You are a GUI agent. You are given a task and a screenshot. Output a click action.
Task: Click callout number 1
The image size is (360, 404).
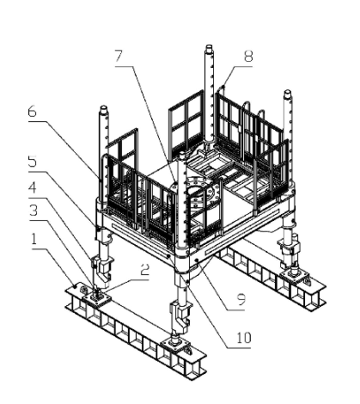pos(34,238)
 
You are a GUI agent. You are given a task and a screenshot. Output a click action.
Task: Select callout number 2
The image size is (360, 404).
pos(145,269)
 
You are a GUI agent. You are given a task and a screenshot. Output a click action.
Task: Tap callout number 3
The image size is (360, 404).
pos(34,211)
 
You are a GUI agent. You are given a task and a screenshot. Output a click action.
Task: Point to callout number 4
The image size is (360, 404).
pos(33,187)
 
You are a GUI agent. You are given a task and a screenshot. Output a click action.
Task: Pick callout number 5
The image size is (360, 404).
pos(33,162)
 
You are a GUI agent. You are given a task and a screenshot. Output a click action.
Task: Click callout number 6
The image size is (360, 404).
pos(33,112)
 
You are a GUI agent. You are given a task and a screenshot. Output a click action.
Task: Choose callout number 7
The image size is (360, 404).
pos(119,56)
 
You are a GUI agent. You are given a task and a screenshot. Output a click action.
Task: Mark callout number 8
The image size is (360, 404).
pos(248,56)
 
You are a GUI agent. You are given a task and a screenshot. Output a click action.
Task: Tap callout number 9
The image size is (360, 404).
pos(241,299)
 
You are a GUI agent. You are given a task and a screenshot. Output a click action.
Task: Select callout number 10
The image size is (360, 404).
pos(244,338)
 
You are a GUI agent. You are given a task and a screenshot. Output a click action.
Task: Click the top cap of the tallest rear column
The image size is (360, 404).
pos(209,48)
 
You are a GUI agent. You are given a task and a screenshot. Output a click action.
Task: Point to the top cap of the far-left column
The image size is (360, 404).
pos(103,110)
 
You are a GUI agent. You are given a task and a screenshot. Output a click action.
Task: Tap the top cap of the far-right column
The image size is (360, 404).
pos(288,95)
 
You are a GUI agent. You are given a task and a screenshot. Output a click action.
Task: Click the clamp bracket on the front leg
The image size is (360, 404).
pos(181,315)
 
